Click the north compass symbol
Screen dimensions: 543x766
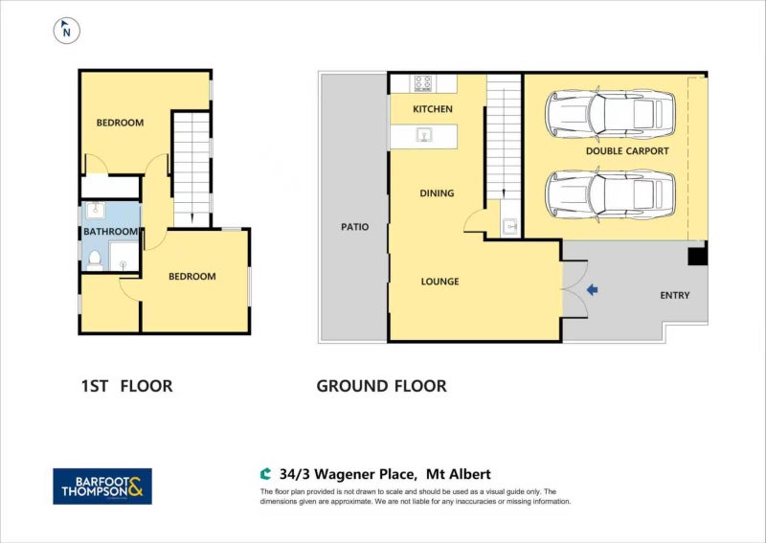click(66, 31)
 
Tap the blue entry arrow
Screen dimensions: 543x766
click(592, 289)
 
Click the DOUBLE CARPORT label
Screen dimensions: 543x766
click(627, 151)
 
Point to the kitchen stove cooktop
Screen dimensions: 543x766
click(422, 82)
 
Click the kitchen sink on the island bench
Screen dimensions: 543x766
click(423, 136)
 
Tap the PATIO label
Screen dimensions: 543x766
click(354, 227)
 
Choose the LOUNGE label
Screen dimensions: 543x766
click(439, 282)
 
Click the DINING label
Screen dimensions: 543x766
click(437, 193)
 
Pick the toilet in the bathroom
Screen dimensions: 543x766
click(94, 258)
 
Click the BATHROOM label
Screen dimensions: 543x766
click(110, 232)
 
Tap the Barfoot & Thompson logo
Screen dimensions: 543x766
click(101, 486)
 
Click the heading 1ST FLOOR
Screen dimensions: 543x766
click(126, 387)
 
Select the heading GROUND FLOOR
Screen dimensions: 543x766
click(381, 387)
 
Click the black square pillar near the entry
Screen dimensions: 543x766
click(698, 255)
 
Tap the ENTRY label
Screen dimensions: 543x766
click(674, 295)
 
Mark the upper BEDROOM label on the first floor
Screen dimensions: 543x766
click(120, 123)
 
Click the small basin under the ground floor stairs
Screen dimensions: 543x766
click(509, 226)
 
